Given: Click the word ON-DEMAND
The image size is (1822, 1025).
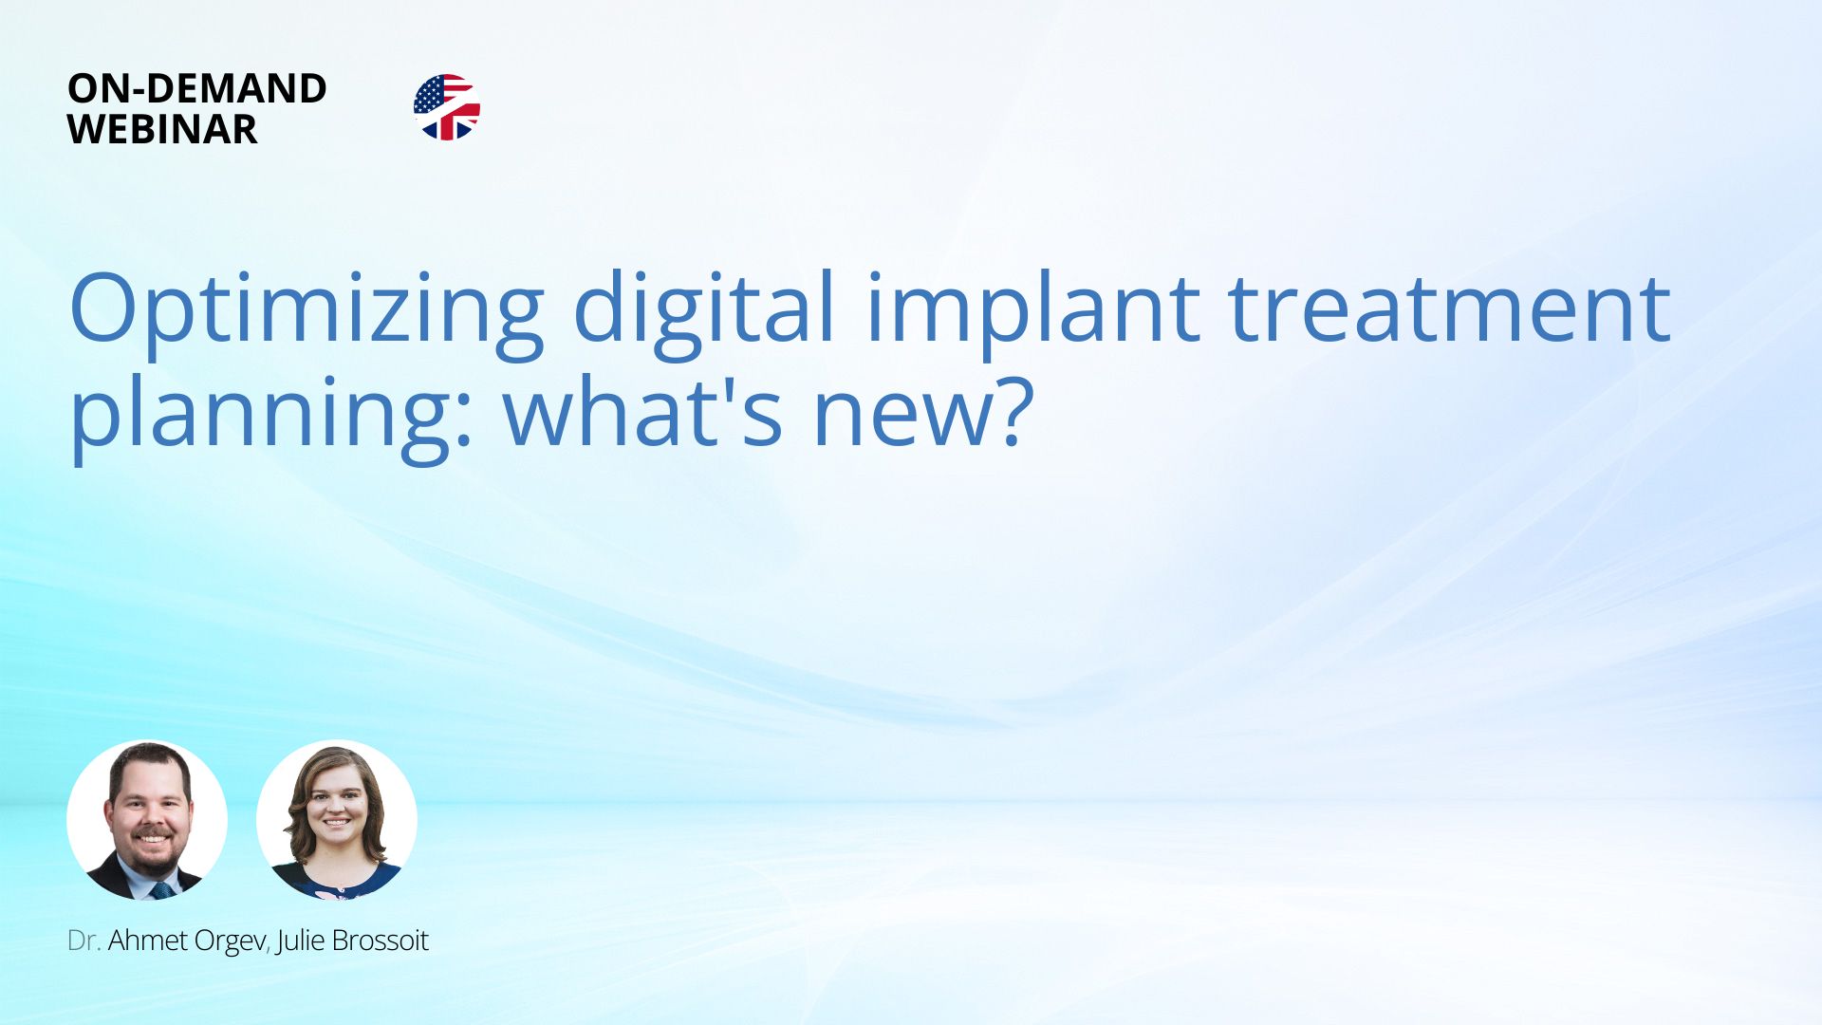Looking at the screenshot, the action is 197,88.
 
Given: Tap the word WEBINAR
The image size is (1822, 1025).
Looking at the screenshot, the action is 162,129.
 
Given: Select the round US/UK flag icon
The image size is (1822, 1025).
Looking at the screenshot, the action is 447,107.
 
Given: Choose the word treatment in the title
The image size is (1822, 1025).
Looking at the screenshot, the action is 1449,308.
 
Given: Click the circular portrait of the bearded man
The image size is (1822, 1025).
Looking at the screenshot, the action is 147,820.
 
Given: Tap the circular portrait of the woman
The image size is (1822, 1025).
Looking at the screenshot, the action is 337,820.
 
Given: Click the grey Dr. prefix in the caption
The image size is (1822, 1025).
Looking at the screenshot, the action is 84,941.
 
